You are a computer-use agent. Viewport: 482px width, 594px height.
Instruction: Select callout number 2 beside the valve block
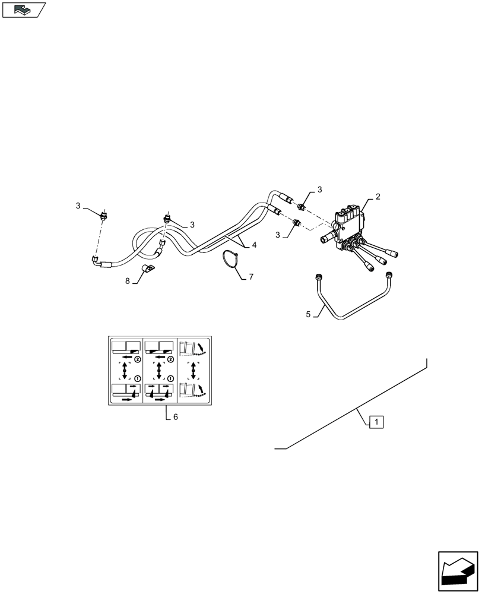tap(378, 197)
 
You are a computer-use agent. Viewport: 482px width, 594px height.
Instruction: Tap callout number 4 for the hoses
tap(254, 245)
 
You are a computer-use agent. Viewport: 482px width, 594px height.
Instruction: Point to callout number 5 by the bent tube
tap(308, 314)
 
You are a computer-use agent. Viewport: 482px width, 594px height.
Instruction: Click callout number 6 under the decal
tap(175, 417)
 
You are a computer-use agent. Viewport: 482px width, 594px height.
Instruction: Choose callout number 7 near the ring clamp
tap(251, 277)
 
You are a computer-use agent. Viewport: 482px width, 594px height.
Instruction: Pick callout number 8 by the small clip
tap(127, 281)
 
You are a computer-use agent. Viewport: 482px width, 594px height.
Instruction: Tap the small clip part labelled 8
tap(147, 271)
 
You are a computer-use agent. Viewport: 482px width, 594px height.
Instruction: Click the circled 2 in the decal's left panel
tap(137, 359)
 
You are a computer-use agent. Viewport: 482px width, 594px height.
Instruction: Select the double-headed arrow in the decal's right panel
tap(193, 369)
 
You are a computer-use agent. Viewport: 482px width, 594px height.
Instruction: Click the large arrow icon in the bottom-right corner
tap(458, 571)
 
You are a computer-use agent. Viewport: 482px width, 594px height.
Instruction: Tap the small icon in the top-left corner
tap(24, 10)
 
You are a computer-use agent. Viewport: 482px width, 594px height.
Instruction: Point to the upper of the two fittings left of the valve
tap(300, 207)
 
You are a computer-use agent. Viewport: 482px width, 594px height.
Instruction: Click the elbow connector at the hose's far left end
tap(95, 260)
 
